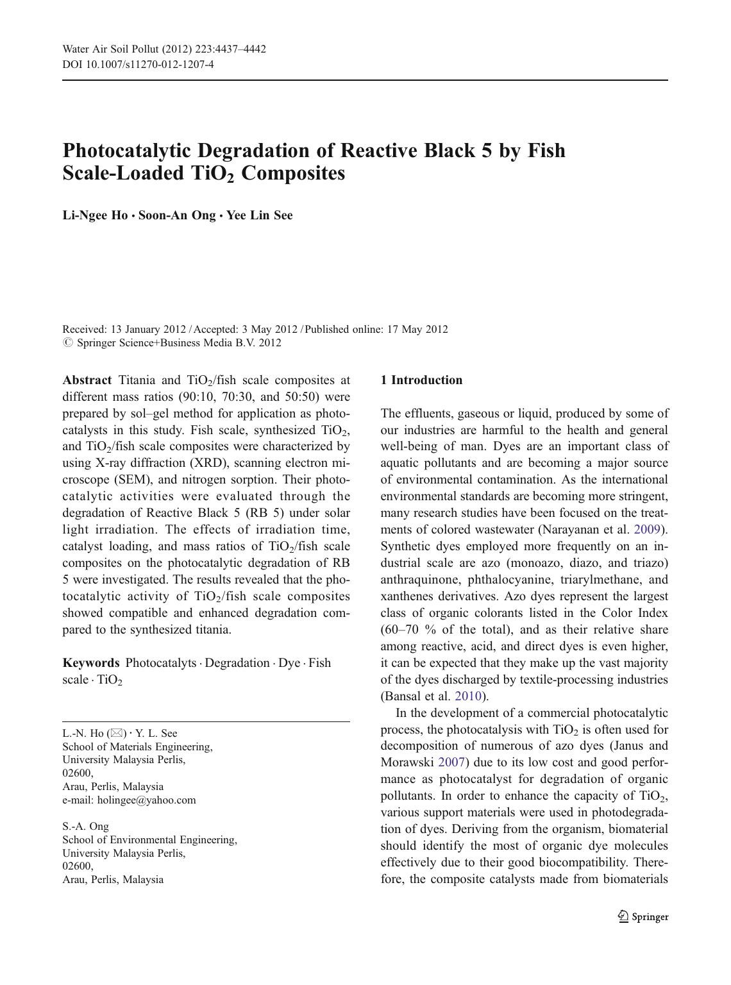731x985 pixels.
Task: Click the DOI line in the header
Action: [x=138, y=64]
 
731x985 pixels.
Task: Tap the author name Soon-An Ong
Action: [x=177, y=215]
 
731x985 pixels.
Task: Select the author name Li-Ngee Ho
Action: [x=95, y=215]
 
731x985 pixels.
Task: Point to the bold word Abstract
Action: [x=87, y=380]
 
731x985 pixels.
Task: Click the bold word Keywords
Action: [x=90, y=663]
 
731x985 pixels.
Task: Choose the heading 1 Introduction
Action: [x=421, y=380]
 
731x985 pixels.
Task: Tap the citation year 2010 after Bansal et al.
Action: [x=467, y=696]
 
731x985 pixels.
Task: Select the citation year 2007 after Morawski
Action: [x=451, y=763]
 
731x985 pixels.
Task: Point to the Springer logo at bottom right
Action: [x=643, y=917]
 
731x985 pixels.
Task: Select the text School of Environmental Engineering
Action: [x=149, y=840]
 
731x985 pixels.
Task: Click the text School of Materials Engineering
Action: [x=137, y=747]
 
